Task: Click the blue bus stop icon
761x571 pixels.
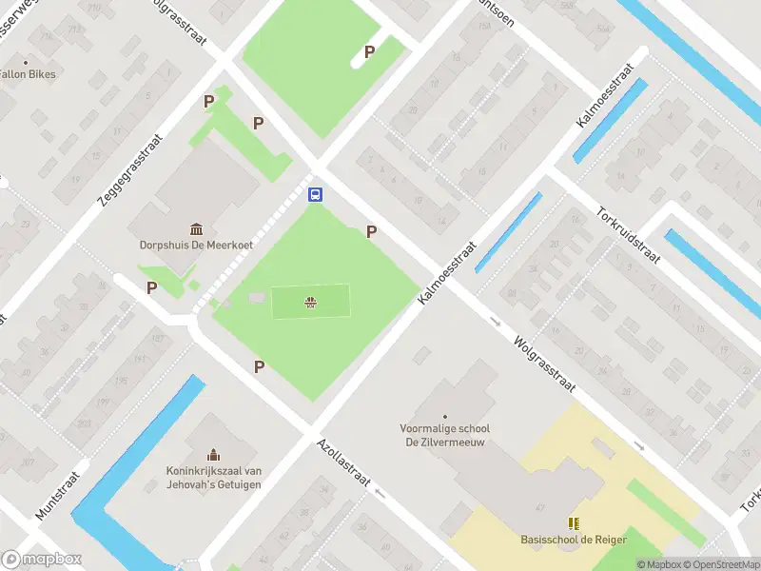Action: click(315, 194)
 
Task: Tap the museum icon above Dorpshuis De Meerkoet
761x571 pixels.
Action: click(197, 228)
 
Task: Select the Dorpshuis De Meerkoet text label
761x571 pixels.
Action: click(197, 245)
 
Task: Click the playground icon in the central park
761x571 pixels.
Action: click(310, 303)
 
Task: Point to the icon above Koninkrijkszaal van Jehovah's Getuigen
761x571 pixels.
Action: click(213, 454)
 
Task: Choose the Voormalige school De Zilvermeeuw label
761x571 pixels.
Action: click(444, 435)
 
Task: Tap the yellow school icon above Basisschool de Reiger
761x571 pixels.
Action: click(573, 523)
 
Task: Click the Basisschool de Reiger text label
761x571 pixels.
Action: click(574, 540)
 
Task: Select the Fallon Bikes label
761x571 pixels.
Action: click(27, 74)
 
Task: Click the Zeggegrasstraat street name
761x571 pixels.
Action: click(130, 169)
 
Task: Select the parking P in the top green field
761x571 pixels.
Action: click(369, 52)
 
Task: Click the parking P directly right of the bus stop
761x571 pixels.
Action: click(371, 231)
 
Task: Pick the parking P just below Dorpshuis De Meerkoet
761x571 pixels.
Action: click(151, 287)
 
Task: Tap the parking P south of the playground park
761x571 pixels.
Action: click(258, 366)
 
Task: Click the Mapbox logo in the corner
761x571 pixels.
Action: click(42, 560)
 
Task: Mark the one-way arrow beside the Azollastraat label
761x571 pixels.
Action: click(380, 492)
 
